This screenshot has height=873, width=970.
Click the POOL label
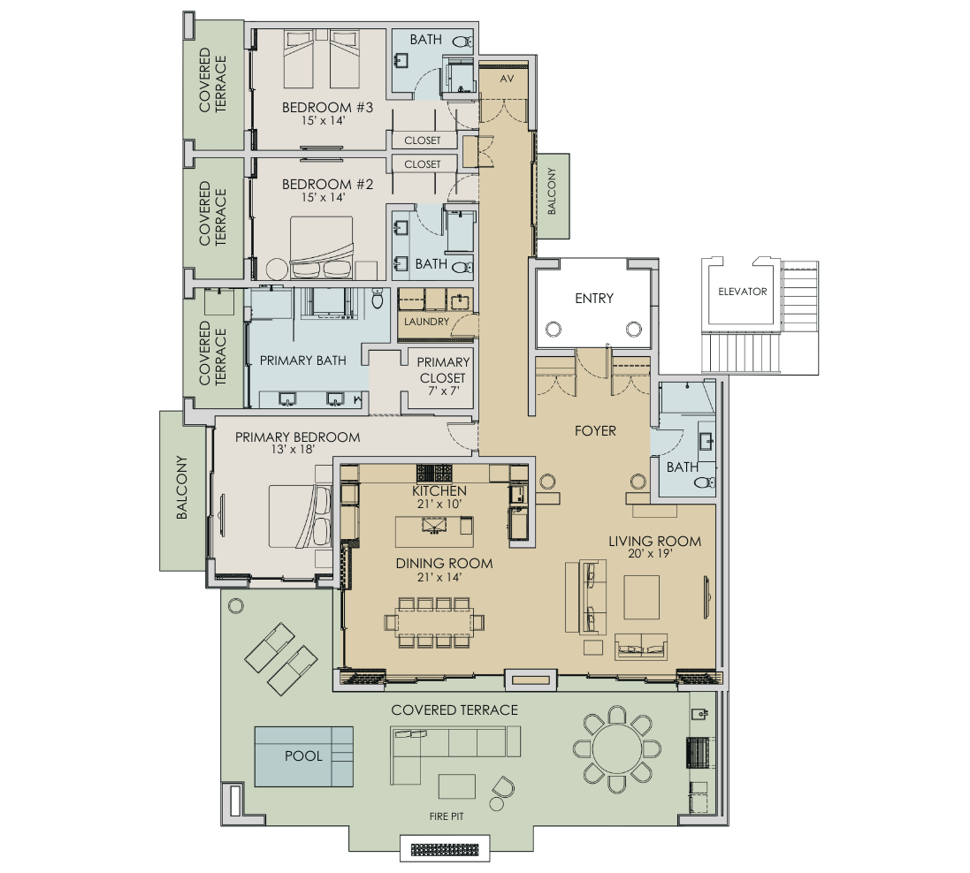click(303, 756)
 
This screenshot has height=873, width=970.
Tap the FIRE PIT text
click(447, 816)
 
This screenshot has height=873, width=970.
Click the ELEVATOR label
click(742, 292)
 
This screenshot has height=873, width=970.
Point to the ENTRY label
click(593, 299)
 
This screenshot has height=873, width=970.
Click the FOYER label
click(594, 431)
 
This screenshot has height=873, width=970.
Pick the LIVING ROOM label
click(654, 542)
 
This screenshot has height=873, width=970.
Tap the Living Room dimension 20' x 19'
click(654, 556)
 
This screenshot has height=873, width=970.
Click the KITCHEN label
click(439, 490)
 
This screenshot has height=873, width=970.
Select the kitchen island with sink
click(433, 532)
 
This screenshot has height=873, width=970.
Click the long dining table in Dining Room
click(434, 622)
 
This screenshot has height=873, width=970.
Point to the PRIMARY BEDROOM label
click(297, 437)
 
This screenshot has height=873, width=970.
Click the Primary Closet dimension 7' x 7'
click(443, 391)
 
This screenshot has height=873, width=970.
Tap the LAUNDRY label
click(427, 322)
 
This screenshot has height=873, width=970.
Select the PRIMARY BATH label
click(302, 361)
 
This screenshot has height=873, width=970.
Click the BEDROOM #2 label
click(316, 185)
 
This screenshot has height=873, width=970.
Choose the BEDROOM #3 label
click(316, 108)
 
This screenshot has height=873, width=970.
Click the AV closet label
click(508, 79)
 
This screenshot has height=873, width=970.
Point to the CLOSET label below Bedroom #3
click(423, 140)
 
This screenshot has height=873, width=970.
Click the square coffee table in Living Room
click(641, 597)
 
